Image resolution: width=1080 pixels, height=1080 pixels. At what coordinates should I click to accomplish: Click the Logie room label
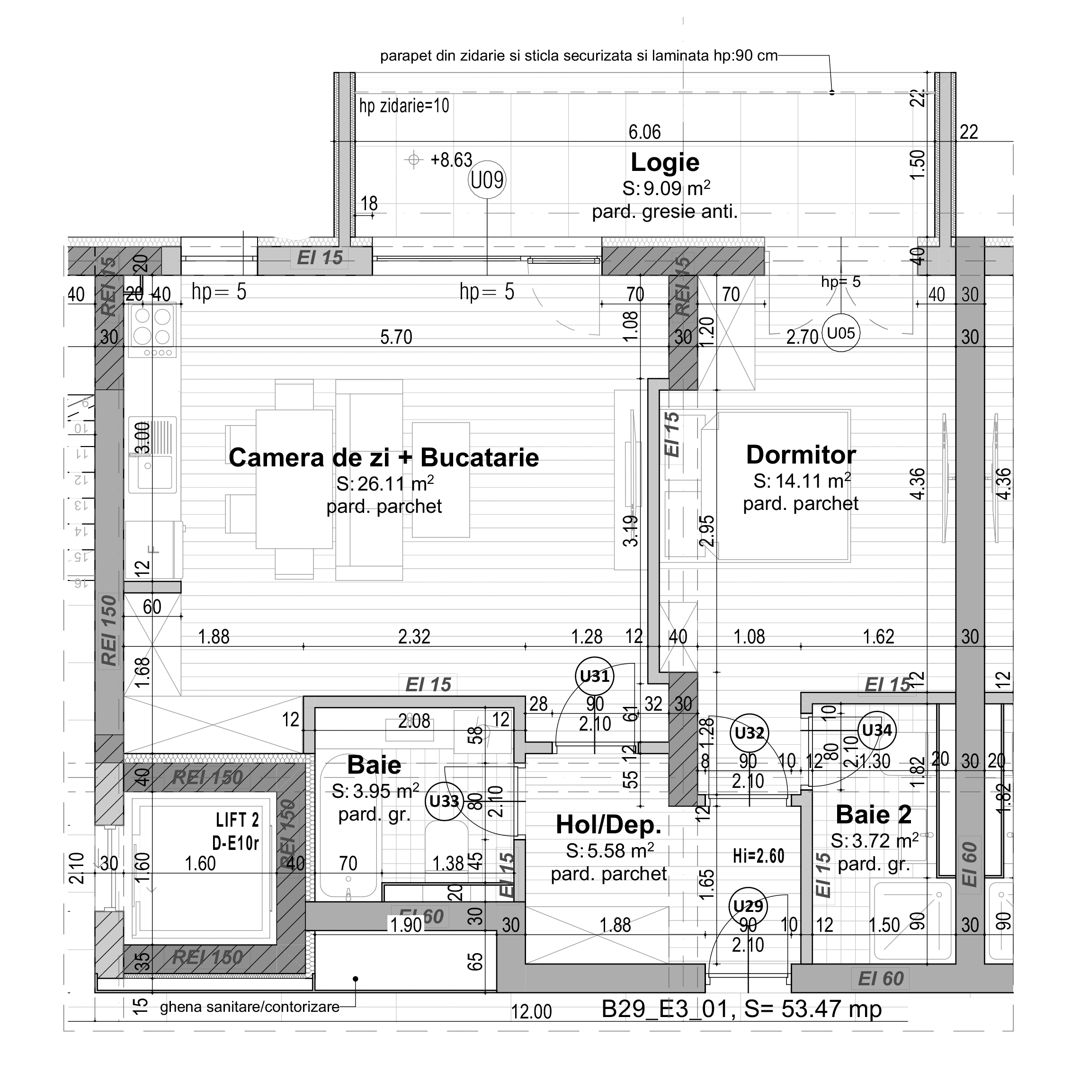tap(665, 163)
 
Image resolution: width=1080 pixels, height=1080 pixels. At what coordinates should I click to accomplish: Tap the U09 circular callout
tap(487, 180)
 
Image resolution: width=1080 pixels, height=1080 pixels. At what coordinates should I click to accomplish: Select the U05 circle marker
tap(840, 334)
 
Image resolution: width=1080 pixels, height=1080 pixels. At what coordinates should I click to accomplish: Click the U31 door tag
tap(594, 677)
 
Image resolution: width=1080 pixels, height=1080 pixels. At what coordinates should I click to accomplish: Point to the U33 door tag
tap(445, 801)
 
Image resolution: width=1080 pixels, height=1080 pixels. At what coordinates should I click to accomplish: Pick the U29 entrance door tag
tap(748, 906)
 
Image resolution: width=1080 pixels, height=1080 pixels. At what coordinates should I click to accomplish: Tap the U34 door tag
tap(876, 730)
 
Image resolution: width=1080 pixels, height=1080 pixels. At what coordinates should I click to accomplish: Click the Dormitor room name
tap(801, 455)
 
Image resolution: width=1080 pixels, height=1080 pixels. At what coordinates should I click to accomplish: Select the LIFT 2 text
tap(237, 820)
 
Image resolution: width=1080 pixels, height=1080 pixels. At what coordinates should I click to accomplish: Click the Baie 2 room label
tap(873, 814)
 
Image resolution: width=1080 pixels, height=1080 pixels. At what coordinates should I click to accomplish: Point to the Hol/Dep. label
tap(608, 824)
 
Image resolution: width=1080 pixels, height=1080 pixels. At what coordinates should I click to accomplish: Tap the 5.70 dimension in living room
tap(396, 337)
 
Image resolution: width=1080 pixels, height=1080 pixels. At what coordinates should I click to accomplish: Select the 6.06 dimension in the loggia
tap(644, 132)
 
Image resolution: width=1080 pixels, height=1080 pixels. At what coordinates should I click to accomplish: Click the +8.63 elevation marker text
tap(451, 160)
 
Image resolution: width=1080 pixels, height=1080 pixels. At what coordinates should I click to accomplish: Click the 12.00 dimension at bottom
tap(531, 1012)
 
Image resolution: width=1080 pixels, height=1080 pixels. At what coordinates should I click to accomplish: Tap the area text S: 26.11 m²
tap(384, 483)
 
